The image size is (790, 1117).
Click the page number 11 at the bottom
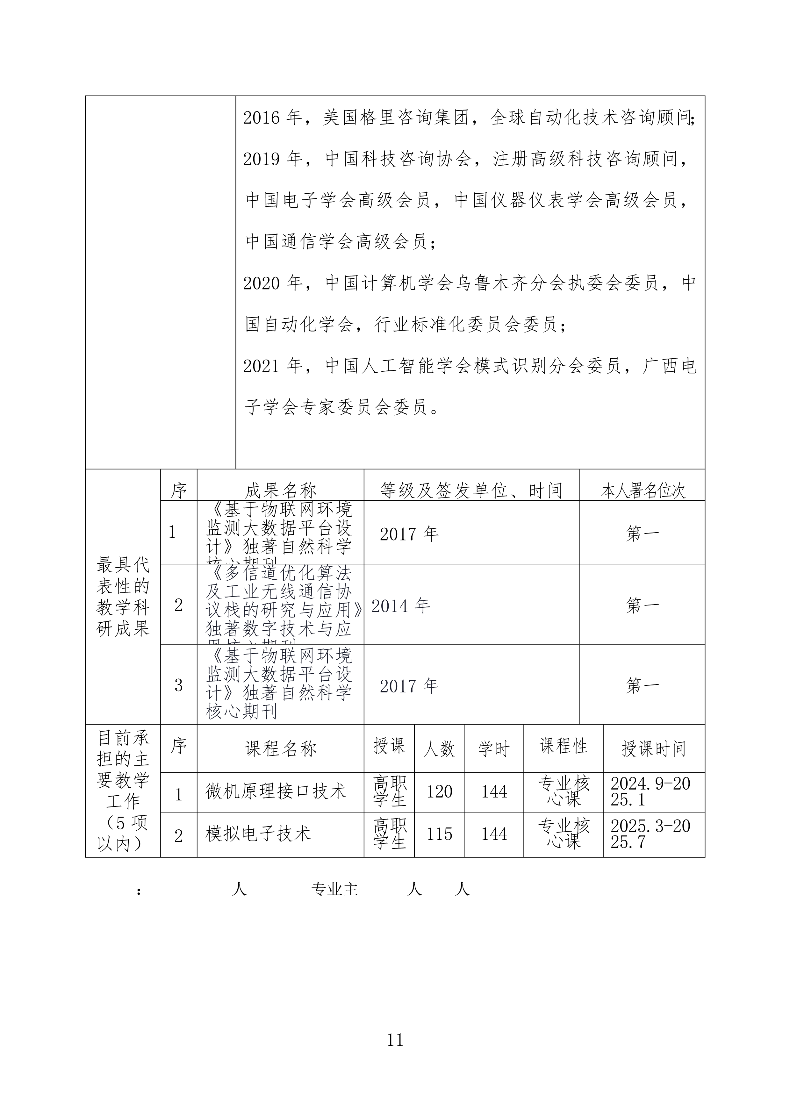pyautogui.click(x=394, y=1039)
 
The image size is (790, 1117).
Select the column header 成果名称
pyautogui.click(x=280, y=490)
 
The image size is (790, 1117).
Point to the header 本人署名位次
pyautogui.click(x=643, y=491)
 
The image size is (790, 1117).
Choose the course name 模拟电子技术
pyautogui.click(x=258, y=834)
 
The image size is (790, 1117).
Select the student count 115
pyautogui.click(x=439, y=834)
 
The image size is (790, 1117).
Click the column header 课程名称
pyautogui.click(x=280, y=749)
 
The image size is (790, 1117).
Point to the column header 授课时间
pyautogui.click(x=653, y=749)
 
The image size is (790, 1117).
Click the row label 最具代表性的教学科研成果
pyautogui.click(x=123, y=597)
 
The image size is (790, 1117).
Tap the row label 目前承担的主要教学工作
pyautogui.click(x=123, y=791)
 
